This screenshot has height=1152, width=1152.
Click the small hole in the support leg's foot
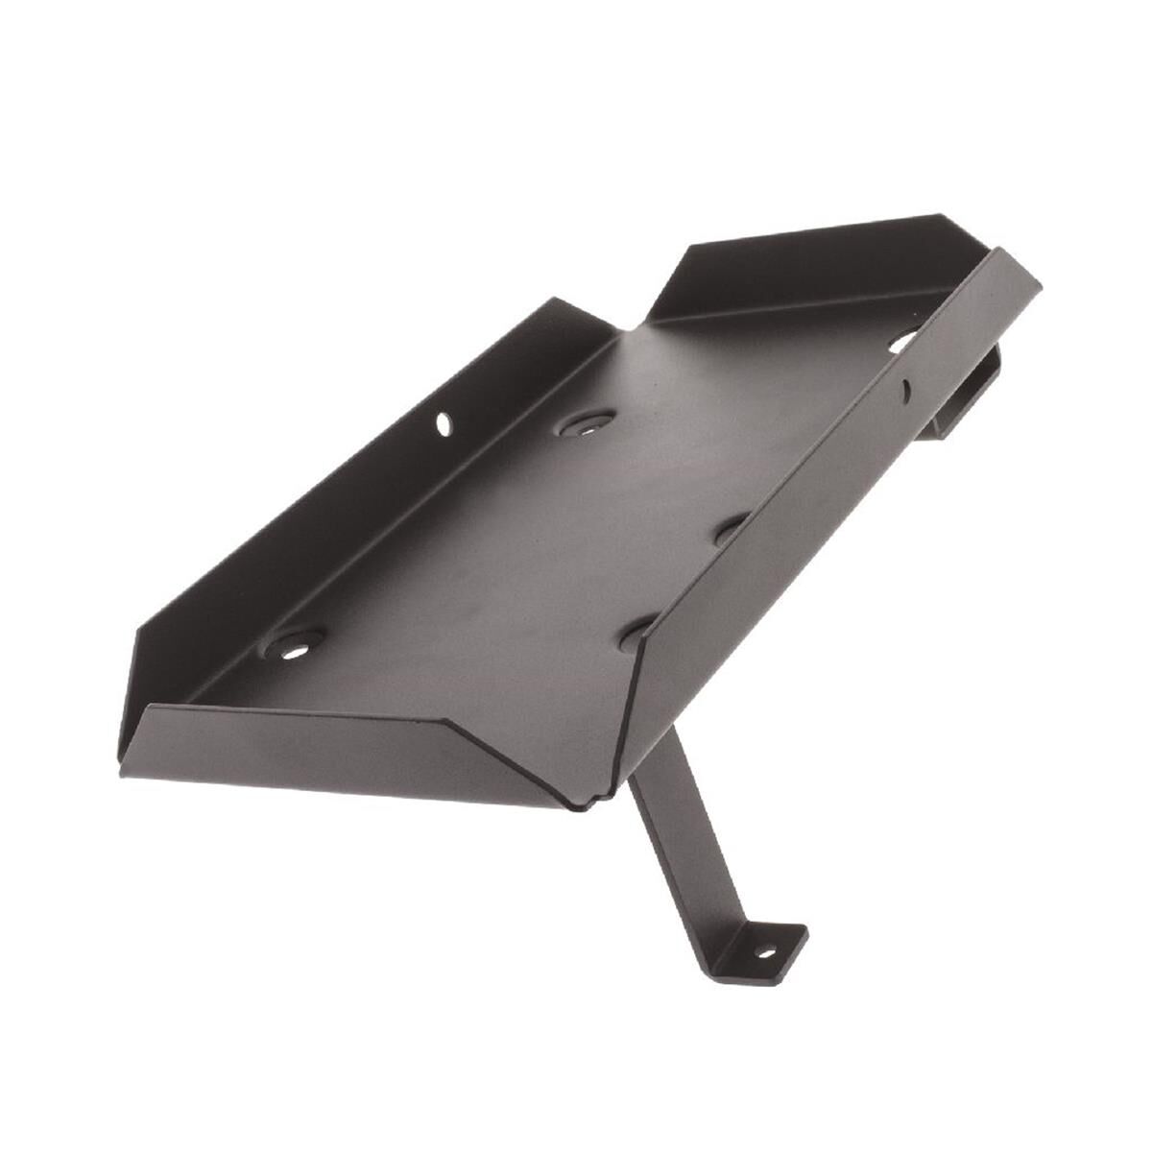(x=765, y=953)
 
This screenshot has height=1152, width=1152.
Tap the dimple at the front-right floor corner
(x=637, y=635)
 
